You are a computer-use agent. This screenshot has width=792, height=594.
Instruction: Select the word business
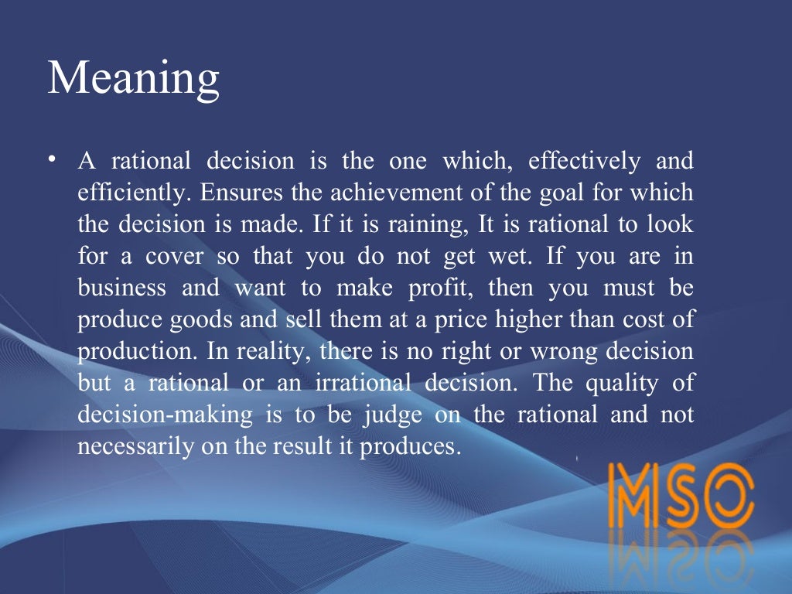pos(121,288)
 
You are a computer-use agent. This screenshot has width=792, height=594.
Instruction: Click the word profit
pos(449,288)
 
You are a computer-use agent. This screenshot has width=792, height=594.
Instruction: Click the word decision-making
pos(166,415)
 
